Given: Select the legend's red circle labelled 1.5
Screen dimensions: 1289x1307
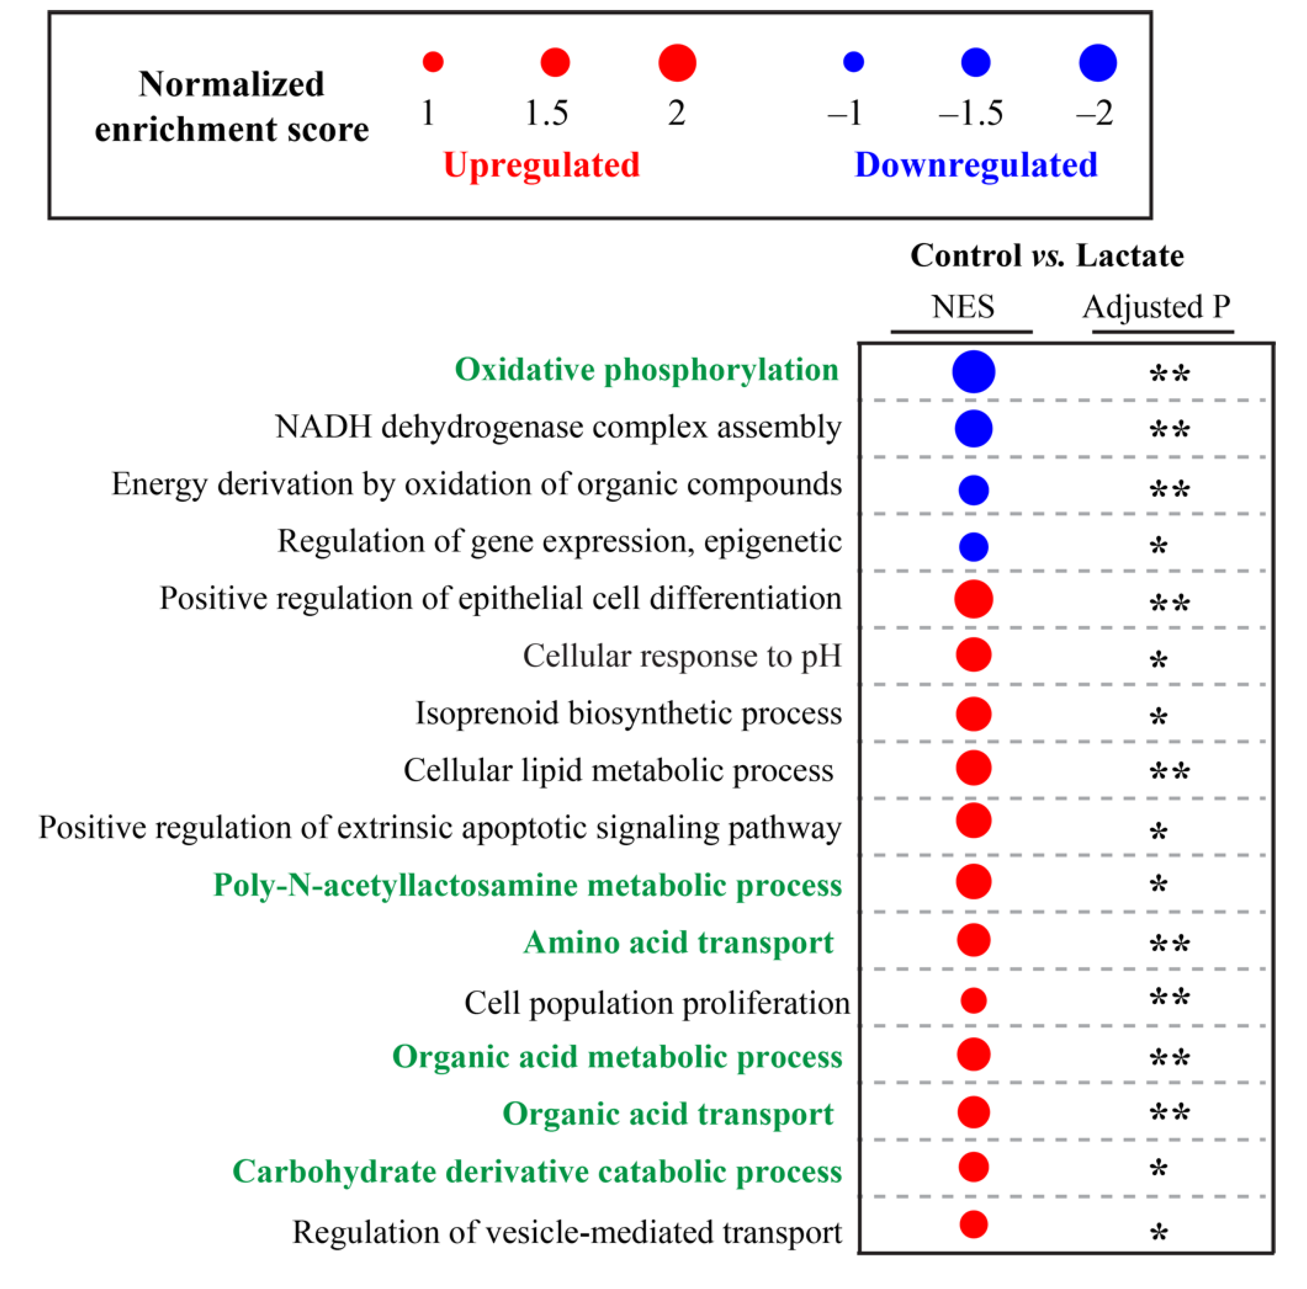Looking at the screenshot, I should coord(555,62).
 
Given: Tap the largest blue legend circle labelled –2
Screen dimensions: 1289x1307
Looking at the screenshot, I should coord(1097,63).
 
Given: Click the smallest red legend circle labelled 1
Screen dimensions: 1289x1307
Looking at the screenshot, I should coord(433,61).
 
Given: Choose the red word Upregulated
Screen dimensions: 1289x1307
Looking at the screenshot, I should coord(541,165).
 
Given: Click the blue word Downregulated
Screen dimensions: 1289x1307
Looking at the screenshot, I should coord(976,165).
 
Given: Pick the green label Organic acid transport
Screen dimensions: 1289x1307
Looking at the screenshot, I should coord(668,1114).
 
